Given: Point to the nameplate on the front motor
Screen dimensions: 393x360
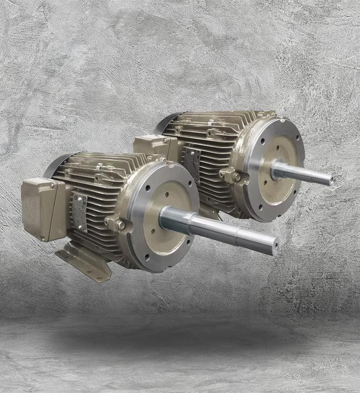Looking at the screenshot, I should click(79, 211).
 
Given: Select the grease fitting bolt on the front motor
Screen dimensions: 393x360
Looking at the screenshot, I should click(116, 224).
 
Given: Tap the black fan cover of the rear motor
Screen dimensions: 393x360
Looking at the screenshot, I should click(166, 122).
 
